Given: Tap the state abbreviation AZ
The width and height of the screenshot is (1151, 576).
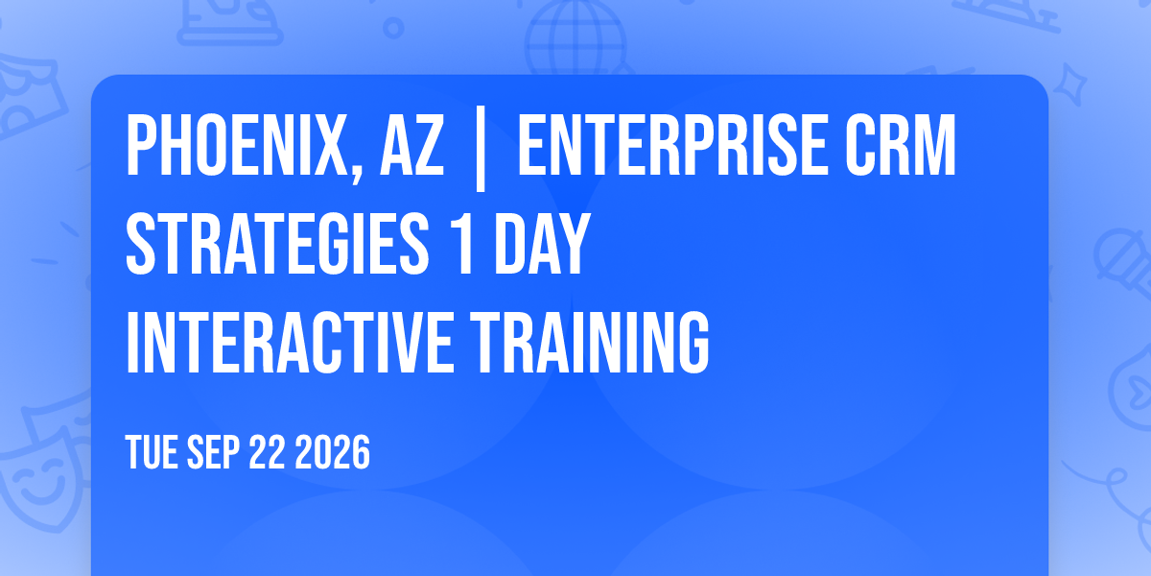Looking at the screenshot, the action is (x=411, y=146).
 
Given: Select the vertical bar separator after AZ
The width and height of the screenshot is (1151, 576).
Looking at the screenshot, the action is (x=481, y=149).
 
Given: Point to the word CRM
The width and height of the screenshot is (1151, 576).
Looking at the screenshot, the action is (x=901, y=146).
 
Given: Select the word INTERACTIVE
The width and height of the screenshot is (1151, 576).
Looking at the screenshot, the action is (x=290, y=343).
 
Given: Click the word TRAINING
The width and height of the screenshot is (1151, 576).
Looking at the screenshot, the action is (x=590, y=343).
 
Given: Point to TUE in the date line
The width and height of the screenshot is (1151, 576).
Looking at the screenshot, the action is (x=152, y=452).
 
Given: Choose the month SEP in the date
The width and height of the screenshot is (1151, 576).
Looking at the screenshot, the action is (x=213, y=452).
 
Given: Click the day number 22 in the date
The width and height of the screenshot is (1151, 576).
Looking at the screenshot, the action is (x=267, y=452).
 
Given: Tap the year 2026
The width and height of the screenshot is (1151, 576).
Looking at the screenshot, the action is (x=333, y=452).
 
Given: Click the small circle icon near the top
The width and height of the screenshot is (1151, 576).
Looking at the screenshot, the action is (x=393, y=28).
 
